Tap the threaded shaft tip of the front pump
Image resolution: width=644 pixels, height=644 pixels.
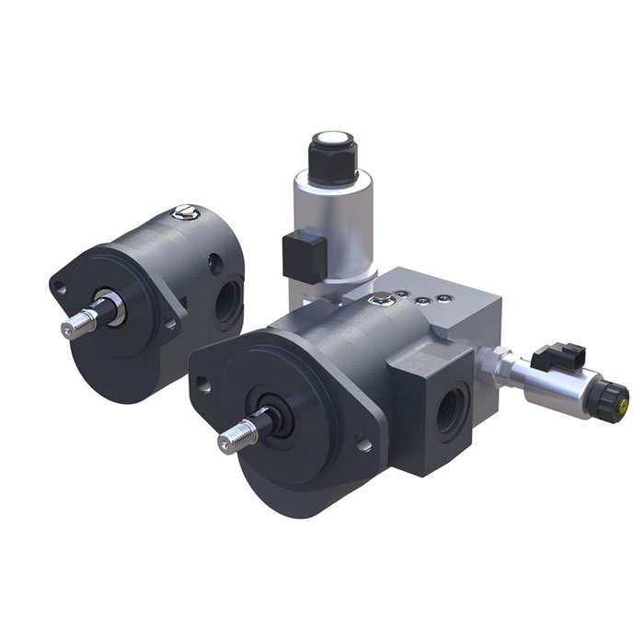(x=233, y=440)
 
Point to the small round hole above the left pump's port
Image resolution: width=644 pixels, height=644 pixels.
(x=215, y=265)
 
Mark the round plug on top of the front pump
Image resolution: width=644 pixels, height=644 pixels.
(x=377, y=297)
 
